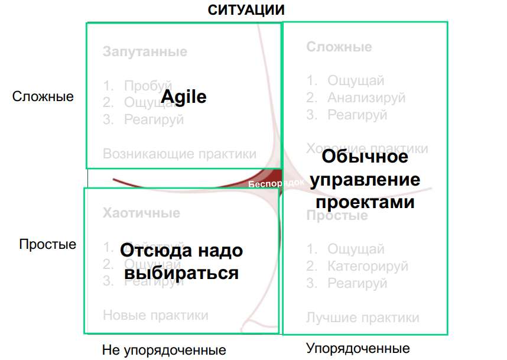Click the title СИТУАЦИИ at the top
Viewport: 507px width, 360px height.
[x=246, y=9]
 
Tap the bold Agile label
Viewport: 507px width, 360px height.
[x=184, y=96]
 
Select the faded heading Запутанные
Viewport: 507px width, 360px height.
[x=145, y=51]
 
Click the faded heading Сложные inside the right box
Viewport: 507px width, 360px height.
[x=339, y=47]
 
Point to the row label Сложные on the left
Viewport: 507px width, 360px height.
[x=43, y=96]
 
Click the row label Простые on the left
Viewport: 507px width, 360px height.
[x=48, y=244]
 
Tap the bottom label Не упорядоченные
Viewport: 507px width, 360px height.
[x=164, y=349]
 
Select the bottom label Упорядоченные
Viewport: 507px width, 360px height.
[x=358, y=348]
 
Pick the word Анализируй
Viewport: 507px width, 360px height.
[x=366, y=98]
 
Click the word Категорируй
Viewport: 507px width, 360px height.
[x=368, y=267]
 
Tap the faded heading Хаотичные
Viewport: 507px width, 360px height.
[x=142, y=213]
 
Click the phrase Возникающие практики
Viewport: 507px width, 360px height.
[x=180, y=154]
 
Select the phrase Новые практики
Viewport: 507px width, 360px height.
[x=155, y=315]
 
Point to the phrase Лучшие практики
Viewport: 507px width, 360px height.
[x=363, y=317]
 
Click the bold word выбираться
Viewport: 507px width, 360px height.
[x=181, y=273]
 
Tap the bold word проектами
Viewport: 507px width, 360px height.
[x=365, y=202]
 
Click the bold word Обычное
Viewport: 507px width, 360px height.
[x=365, y=157]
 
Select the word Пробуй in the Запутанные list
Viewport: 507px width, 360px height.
[x=148, y=86]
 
